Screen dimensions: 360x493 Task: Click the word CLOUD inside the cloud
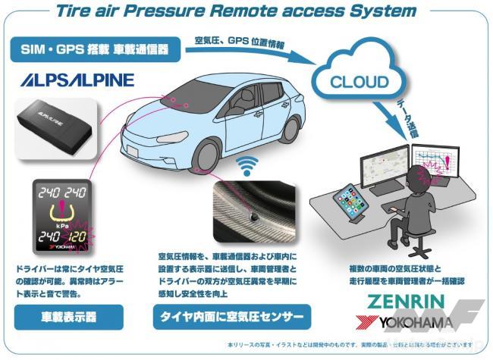click(360, 82)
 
